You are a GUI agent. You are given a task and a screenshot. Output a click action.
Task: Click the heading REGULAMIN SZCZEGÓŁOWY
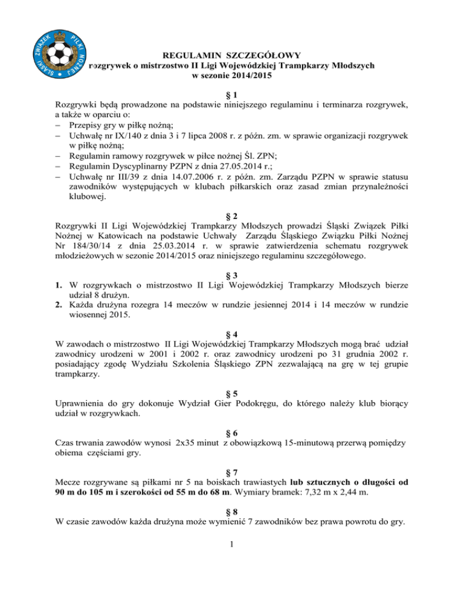(x=232, y=54)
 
